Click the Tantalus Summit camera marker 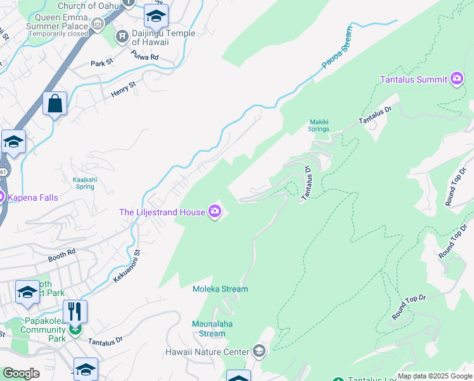click(x=457, y=79)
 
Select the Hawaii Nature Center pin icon click(x=259, y=351)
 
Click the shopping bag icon click(x=55, y=104)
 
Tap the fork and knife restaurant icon click(x=75, y=311)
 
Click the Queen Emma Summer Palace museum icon click(x=97, y=24)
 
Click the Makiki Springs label click(x=319, y=125)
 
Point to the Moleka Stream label click(x=221, y=289)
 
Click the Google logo click(x=20, y=373)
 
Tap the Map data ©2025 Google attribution click(x=435, y=376)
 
